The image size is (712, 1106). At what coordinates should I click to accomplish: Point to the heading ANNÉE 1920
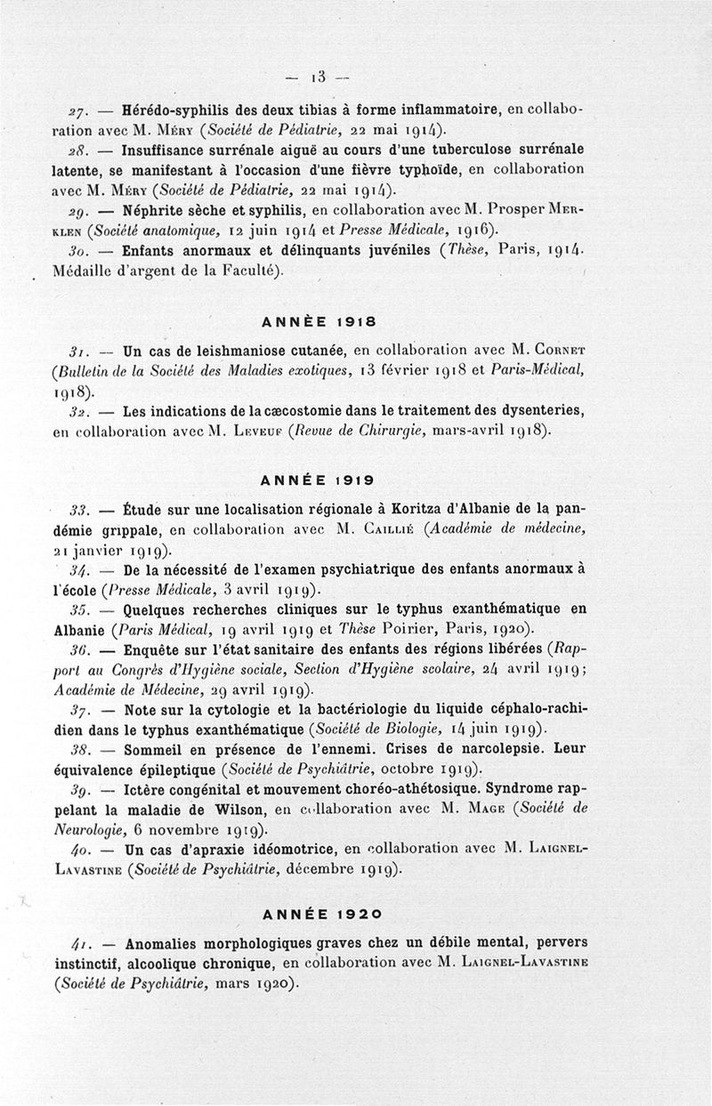point(322,912)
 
